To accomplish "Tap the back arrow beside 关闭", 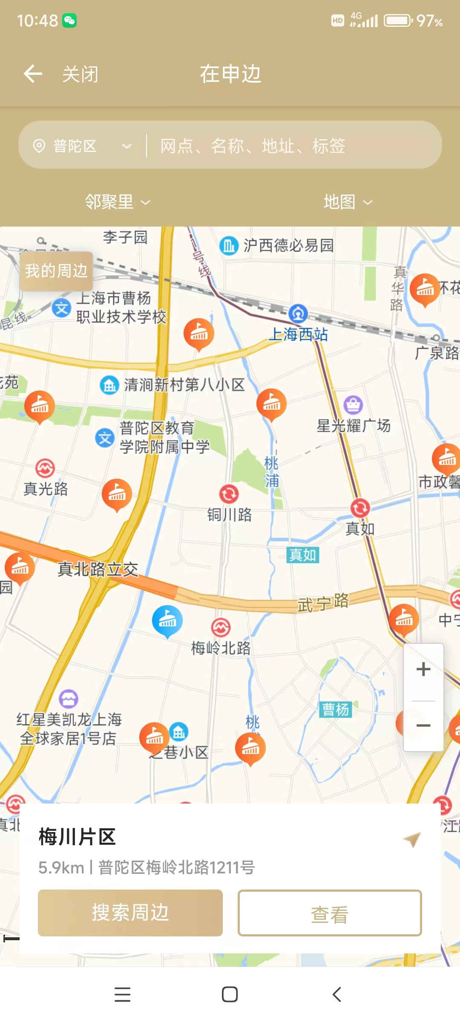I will pyautogui.click(x=33, y=74).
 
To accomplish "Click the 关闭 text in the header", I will pyautogui.click(x=80, y=75).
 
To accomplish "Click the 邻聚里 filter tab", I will pyautogui.click(x=117, y=202).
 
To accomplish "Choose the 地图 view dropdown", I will pyautogui.click(x=347, y=202).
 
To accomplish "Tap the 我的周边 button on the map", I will pyautogui.click(x=56, y=271).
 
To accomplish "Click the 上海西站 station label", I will pyautogui.click(x=298, y=334).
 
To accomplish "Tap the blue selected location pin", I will pyautogui.click(x=167, y=621).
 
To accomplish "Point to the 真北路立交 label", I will pyautogui.click(x=98, y=569).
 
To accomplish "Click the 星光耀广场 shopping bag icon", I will pyautogui.click(x=353, y=405).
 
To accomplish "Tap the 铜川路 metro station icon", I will pyautogui.click(x=229, y=494).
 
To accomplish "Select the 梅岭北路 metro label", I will pyautogui.click(x=221, y=648).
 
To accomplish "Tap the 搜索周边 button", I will pyautogui.click(x=130, y=913).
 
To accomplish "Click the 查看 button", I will pyautogui.click(x=330, y=913).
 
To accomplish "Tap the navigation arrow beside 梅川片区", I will pyautogui.click(x=412, y=839).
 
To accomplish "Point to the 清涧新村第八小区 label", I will pyautogui.click(x=184, y=385).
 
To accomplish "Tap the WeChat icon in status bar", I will pyautogui.click(x=69, y=20).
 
